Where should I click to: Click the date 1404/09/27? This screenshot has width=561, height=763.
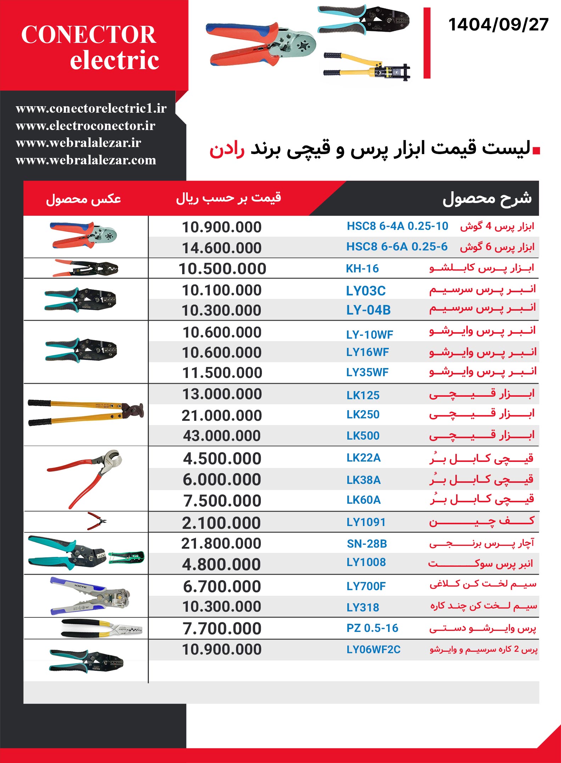click(x=498, y=25)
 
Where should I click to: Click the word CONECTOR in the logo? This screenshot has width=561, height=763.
click(x=89, y=35)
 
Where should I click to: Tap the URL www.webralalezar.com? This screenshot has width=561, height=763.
click(x=86, y=160)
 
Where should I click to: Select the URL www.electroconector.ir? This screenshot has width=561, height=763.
click(x=85, y=126)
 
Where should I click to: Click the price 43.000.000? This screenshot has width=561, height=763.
click(x=222, y=436)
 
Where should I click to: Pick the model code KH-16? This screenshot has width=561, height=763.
click(x=362, y=269)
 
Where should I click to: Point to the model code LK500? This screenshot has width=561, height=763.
click(x=363, y=436)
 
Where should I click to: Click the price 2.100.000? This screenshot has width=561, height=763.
click(x=221, y=523)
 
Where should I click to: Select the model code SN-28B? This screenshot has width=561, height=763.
click(x=367, y=543)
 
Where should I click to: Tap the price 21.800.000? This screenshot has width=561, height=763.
click(x=221, y=543)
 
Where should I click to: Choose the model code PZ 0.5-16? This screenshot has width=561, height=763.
click(x=372, y=628)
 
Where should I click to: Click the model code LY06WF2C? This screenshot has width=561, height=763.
click(x=373, y=649)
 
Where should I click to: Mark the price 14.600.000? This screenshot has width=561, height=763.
click(x=222, y=248)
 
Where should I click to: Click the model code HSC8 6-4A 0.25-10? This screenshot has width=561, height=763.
click(x=397, y=226)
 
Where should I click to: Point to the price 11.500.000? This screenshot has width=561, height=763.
click(x=222, y=373)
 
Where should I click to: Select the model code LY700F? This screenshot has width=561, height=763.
click(x=366, y=586)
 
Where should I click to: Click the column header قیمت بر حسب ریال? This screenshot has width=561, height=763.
click(x=229, y=198)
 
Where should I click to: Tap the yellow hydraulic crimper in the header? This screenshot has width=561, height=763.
click(x=367, y=67)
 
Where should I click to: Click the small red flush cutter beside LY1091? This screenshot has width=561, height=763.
click(x=97, y=521)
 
